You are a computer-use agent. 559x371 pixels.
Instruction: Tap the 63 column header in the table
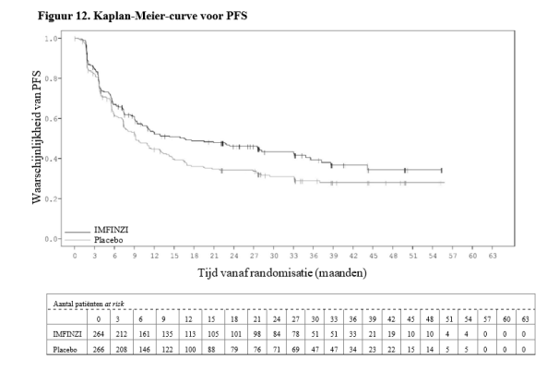[524, 317]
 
